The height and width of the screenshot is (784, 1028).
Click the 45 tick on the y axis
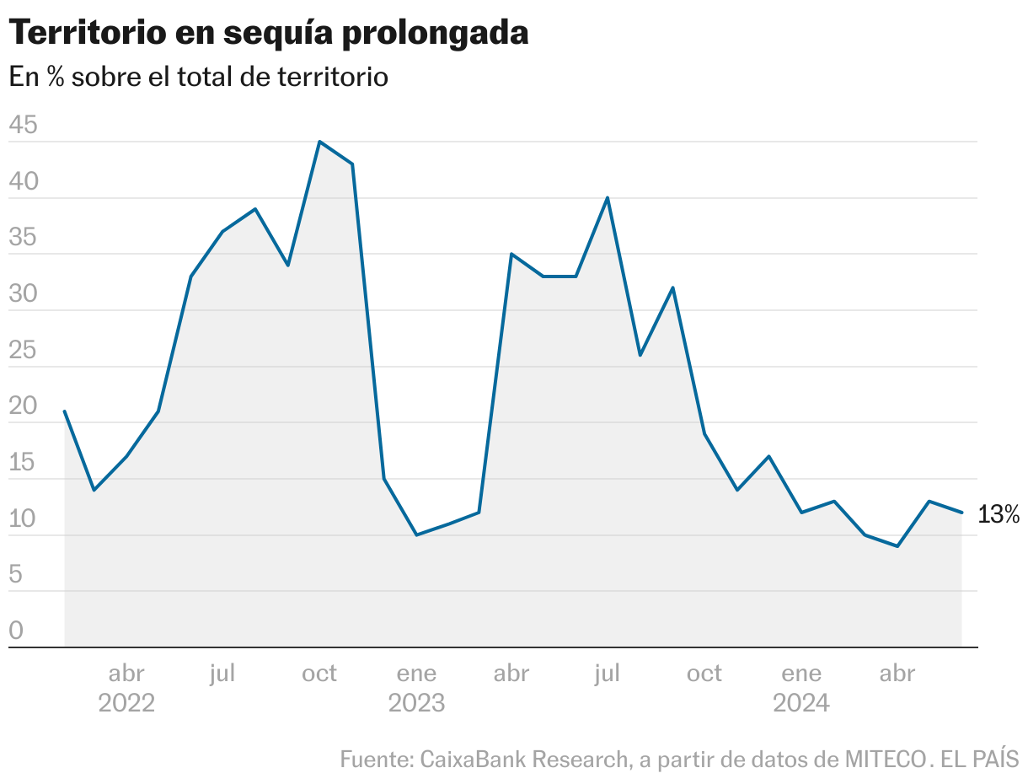23,126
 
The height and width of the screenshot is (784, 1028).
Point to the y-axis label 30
23,295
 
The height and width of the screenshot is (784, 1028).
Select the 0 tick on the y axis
16,631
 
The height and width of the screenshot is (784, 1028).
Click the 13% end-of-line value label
999,514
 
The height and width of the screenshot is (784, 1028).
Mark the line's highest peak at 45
319,142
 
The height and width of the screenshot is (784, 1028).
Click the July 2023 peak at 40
608,198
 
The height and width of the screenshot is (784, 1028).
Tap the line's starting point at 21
65,411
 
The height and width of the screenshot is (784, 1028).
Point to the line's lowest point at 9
898,546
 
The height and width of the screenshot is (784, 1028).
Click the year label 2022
126,703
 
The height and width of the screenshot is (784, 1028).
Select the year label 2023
416,703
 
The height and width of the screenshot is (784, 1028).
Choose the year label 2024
801,703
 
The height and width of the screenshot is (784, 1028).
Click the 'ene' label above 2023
416,674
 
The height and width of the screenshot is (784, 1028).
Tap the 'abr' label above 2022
126,674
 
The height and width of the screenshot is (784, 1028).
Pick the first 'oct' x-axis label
319,674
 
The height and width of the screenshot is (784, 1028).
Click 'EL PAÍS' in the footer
979,759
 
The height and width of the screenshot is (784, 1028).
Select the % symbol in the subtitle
56,77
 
